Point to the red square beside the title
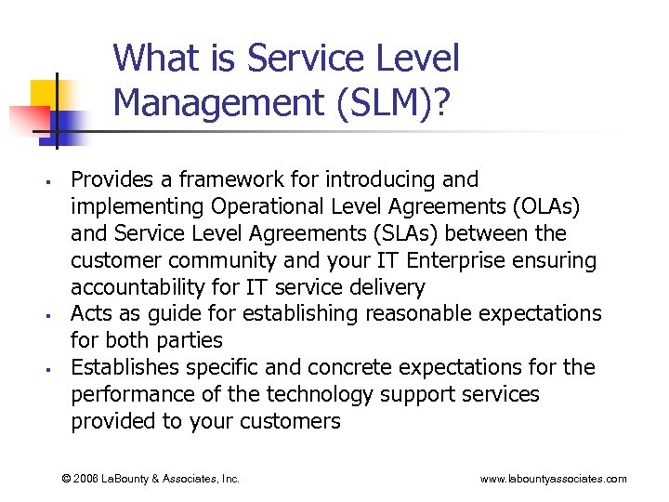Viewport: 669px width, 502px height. tap(25, 120)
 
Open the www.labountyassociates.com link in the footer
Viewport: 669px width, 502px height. tap(553, 479)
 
